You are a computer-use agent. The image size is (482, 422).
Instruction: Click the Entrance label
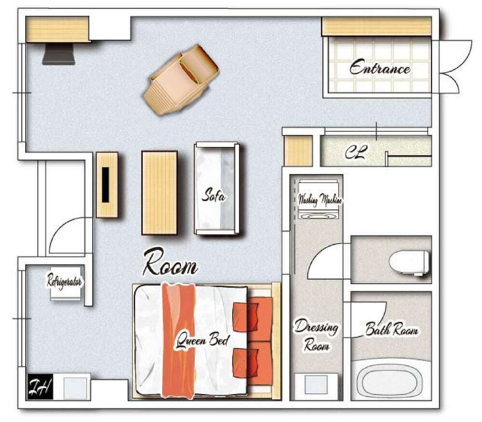coord(380,67)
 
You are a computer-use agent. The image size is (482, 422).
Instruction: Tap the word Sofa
coord(213,195)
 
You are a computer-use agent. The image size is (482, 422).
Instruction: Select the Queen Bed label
coord(203,341)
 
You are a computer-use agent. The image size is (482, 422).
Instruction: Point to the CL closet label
coord(356,152)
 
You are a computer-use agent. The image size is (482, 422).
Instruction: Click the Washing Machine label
coord(320,200)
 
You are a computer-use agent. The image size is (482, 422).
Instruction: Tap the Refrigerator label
coord(64,281)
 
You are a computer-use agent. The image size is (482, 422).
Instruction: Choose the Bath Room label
coord(391,329)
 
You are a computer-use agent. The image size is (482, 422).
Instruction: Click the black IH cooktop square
coord(40,387)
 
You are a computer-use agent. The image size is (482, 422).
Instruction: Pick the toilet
coord(409,262)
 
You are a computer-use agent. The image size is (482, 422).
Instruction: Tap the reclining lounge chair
coord(181,80)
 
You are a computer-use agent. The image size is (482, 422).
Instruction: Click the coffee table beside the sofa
coord(160,193)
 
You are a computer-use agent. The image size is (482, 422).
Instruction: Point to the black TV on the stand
coord(105,185)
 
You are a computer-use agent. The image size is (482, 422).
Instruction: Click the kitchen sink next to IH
coord(75,387)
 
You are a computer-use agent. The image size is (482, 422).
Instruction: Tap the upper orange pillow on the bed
coord(245,318)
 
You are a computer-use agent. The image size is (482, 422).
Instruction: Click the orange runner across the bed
coord(179,340)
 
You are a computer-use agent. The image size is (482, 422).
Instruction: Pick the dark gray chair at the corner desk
coord(58,54)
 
